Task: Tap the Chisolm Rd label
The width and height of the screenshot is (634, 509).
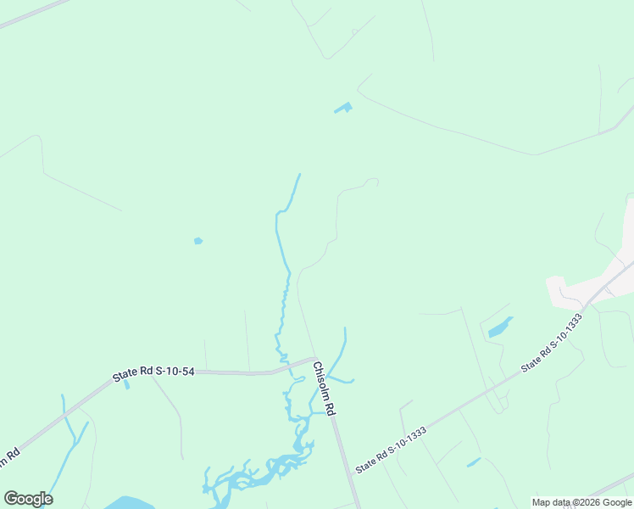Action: [x=325, y=389]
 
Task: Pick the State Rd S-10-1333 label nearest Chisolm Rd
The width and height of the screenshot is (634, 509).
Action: [x=391, y=450]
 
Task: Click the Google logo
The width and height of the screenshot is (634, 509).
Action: [x=28, y=499]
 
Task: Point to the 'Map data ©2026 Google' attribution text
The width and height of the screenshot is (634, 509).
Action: [x=581, y=502]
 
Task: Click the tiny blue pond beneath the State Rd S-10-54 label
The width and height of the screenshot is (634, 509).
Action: [x=127, y=385]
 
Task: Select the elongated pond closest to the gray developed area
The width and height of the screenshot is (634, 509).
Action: [x=500, y=327]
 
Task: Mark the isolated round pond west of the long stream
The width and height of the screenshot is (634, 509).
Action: [x=197, y=241]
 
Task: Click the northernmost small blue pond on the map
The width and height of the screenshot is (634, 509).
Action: [x=343, y=108]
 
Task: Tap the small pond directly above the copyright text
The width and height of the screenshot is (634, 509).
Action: [x=473, y=462]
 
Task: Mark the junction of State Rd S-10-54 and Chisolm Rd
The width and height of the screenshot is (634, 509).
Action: [x=314, y=358]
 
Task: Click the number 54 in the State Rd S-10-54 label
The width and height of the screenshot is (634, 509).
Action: [x=186, y=371]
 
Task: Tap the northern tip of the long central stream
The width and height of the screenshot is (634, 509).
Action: [x=299, y=175]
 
